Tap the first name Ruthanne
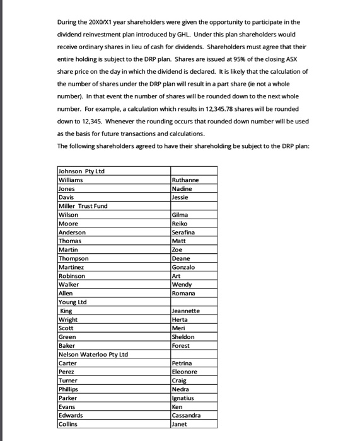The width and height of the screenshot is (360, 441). [185, 180]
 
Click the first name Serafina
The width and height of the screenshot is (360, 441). [185, 232]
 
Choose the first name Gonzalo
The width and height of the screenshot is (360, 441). [184, 267]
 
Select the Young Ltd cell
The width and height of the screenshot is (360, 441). [73, 302]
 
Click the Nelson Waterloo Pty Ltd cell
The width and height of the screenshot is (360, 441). [93, 354]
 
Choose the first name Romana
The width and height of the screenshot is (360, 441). [184, 293]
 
